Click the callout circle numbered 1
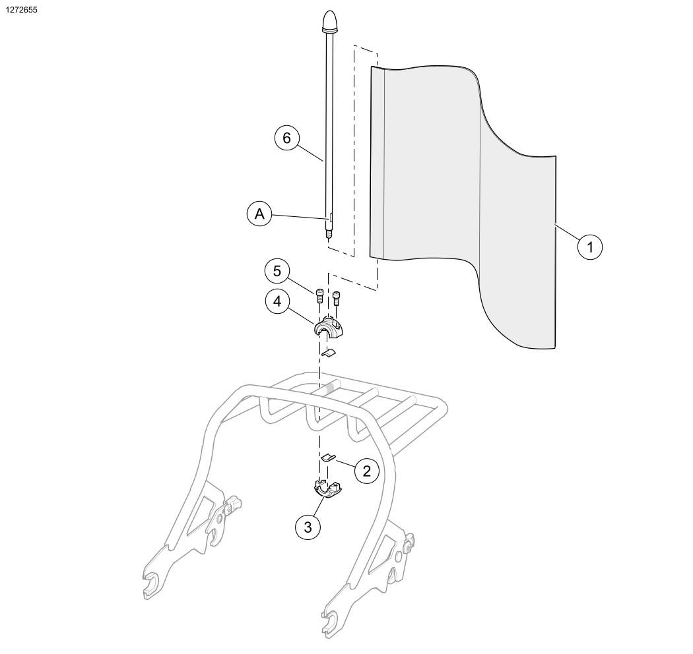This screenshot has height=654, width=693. pyautogui.click(x=591, y=248)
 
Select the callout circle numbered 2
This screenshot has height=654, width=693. pyautogui.click(x=367, y=471)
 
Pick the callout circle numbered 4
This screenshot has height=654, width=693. pyautogui.click(x=277, y=301)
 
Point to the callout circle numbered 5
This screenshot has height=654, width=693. pyautogui.click(x=277, y=271)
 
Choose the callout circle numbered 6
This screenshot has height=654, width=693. pyautogui.click(x=286, y=138)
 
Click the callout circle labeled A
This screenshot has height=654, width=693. pyautogui.click(x=259, y=215)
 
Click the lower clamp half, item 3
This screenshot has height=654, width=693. pyautogui.click(x=327, y=489)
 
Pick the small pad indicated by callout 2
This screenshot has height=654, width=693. pyautogui.click(x=328, y=456)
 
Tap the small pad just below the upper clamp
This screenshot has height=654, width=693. pyautogui.click(x=328, y=353)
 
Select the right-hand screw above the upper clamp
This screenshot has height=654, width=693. pyautogui.click(x=337, y=297)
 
